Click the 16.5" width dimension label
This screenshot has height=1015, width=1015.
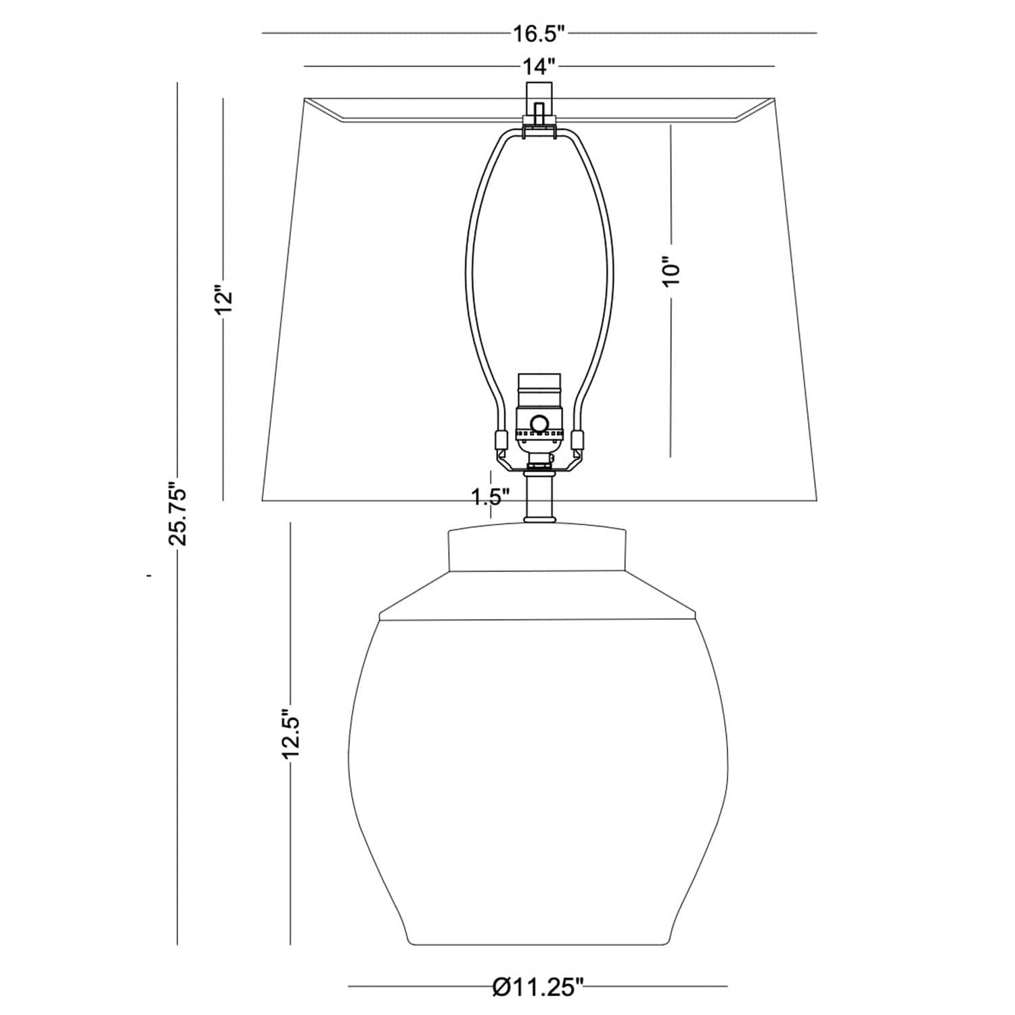(539, 32)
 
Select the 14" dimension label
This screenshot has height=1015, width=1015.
(539, 66)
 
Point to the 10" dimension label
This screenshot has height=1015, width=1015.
(671, 271)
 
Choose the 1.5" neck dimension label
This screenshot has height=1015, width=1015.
(491, 497)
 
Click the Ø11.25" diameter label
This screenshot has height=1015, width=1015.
(538, 987)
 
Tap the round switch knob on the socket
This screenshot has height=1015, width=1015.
(539, 424)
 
